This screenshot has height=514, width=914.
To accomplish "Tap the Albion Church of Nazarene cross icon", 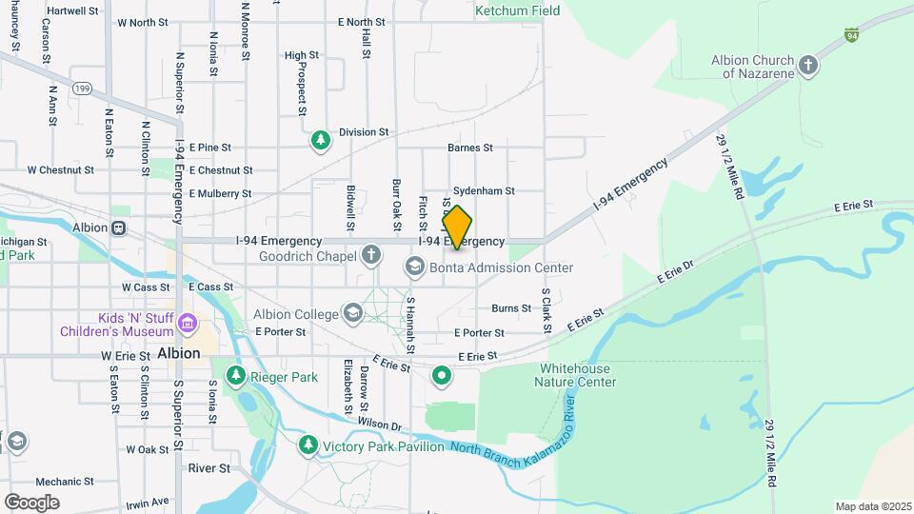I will tap(808, 66).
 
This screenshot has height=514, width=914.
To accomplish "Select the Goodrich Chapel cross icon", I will tap(370, 255).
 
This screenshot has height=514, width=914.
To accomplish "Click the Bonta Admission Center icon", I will tap(414, 267).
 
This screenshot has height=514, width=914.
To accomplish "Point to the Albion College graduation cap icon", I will tap(352, 314).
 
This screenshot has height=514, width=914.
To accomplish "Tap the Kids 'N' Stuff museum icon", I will tap(187, 325).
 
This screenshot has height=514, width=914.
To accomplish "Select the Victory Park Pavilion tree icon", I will tap(308, 445).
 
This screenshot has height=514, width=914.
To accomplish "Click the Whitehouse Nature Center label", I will tap(578, 375).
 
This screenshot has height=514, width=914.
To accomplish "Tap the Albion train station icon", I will tap(119, 227).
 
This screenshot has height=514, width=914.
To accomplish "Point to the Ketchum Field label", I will tap(517, 10).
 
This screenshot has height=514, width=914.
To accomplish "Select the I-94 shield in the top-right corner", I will tap(852, 34).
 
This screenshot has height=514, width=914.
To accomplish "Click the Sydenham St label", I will tap(484, 191).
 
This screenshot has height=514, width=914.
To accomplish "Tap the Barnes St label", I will tap(469, 148).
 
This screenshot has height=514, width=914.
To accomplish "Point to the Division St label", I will tap(364, 132).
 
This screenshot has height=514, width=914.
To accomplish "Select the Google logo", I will tap(31, 502).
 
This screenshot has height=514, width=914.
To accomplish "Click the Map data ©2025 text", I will tap(871, 506).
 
